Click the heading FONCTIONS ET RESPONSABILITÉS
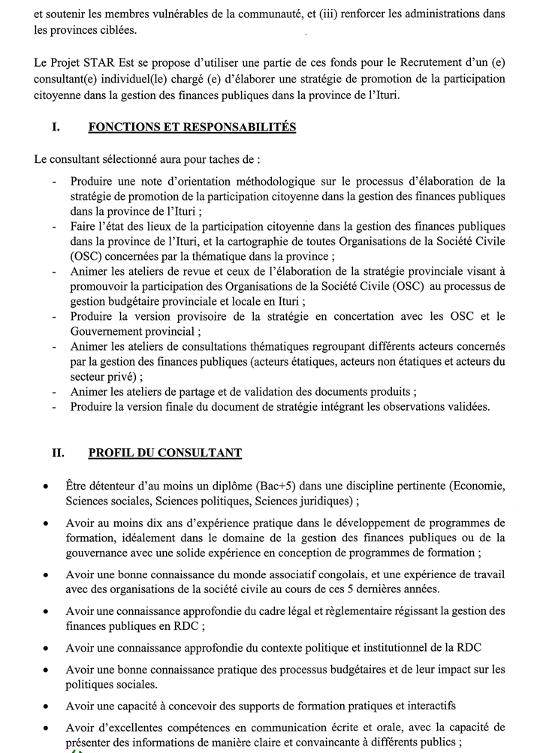pyautogui.click(x=192, y=128)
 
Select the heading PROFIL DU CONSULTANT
pyautogui.click(x=164, y=453)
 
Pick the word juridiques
pyautogui.click(x=325, y=501)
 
